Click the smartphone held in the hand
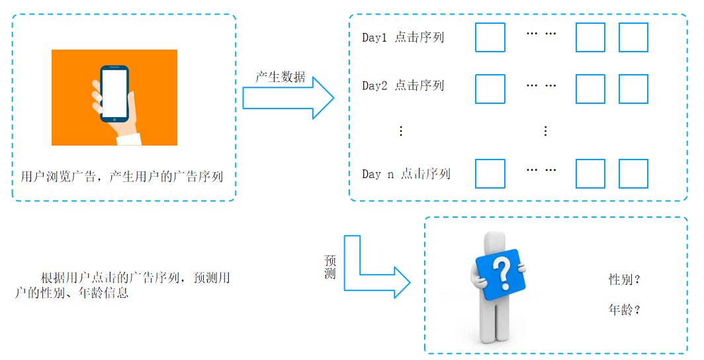click(114, 93)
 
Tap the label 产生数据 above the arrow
click(281, 77)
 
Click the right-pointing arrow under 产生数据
click(288, 98)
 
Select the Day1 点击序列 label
click(403, 38)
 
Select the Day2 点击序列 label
click(403, 86)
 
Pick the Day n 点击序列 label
click(406, 174)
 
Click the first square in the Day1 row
click(490, 38)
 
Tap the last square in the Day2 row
click(633, 89)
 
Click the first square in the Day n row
click(490, 173)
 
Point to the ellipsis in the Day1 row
click(541, 34)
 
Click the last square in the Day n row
click(633, 173)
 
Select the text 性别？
click(625, 280)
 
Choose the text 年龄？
click(625, 310)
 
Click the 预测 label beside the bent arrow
click(330, 267)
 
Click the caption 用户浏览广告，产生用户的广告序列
click(122, 177)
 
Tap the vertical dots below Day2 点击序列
click(400, 131)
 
